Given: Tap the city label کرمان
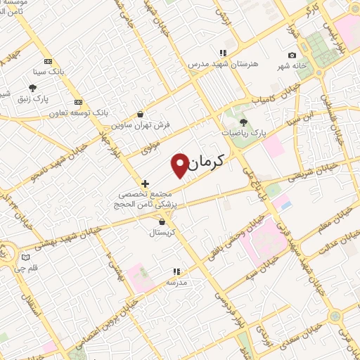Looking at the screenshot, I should coord(210,162).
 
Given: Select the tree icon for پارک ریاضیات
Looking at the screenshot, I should coord(243,122).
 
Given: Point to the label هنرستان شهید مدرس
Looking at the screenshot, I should coord(223,63).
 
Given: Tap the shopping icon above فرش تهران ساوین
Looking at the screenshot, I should coord(141,114).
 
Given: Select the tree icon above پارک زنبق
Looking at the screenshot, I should coord(32,89).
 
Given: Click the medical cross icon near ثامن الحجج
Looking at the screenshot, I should coord(145,183).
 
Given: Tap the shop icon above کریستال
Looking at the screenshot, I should coord(162,221).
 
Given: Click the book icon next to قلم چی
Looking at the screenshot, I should coord(25,257).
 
